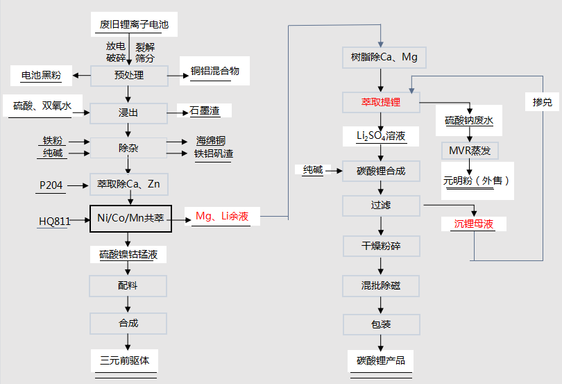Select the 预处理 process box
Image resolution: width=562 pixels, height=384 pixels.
129,75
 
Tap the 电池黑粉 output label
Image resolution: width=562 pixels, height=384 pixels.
41,75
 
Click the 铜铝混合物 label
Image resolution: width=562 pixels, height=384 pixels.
214,72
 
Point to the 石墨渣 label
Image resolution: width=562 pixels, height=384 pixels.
205,111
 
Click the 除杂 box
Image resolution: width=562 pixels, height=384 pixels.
129,147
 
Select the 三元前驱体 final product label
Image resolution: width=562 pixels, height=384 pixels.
129,360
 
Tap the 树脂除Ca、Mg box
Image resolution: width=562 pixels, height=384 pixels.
380,57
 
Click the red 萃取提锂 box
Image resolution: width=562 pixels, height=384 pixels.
381,103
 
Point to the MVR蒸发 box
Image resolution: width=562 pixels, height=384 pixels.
469,150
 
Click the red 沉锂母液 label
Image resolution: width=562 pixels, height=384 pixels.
475,224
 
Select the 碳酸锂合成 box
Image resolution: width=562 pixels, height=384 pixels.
381,171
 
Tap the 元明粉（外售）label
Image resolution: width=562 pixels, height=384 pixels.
477,181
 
